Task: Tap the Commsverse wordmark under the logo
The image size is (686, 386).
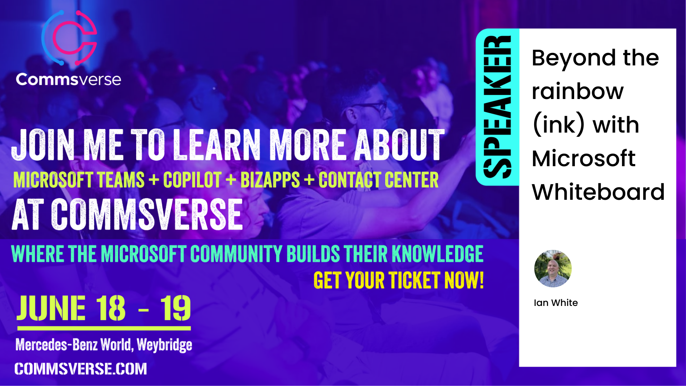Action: [68, 79]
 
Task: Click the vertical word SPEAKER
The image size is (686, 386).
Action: [497, 107]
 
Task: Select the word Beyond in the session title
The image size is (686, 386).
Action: [574, 58]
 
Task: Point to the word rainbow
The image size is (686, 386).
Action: [578, 91]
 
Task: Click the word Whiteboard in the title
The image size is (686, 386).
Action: [598, 192]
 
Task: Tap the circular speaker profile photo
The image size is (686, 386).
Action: [553, 268]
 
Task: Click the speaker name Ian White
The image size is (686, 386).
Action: [556, 303]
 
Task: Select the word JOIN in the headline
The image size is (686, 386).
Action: [43, 144]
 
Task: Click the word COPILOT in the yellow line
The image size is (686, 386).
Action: [192, 180]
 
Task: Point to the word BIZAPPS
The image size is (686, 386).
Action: [270, 180]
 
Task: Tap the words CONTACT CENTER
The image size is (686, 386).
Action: [378, 180]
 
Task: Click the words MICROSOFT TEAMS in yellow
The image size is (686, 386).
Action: [79, 180]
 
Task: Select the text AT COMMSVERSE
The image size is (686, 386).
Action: [128, 214]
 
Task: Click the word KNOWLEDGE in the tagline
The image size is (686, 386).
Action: [438, 254]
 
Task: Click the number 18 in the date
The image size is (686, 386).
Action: [111, 308]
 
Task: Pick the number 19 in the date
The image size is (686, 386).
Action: [175, 308]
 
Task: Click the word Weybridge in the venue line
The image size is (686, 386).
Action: [164, 345]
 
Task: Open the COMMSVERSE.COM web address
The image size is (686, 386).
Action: [81, 369]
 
